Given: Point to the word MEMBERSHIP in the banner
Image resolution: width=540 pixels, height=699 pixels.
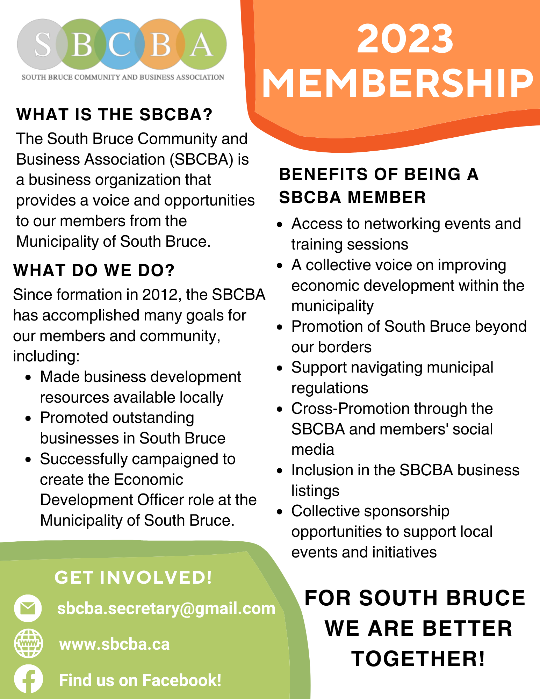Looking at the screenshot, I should [x=397, y=83].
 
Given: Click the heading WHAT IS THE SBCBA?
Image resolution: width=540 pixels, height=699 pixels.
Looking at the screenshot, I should [x=114, y=115].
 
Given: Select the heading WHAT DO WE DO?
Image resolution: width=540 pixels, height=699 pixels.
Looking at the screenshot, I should [x=94, y=270].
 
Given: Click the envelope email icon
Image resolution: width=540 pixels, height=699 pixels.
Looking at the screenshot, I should [x=28, y=608].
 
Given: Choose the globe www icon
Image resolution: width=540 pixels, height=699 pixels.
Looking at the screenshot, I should [x=28, y=643].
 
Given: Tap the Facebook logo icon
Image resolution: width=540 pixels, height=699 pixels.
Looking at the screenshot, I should [x=28, y=679].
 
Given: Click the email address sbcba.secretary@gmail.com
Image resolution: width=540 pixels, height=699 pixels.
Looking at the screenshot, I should [x=166, y=608].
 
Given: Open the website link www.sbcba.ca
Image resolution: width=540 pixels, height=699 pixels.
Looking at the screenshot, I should [x=114, y=644].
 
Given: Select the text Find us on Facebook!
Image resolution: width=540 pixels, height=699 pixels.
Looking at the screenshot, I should [x=140, y=680].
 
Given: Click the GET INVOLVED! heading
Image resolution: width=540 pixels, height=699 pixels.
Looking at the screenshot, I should [x=133, y=577].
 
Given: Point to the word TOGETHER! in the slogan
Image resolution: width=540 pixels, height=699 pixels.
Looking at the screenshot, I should [x=418, y=659].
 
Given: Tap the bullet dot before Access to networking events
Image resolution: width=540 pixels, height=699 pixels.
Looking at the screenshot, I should [x=279, y=224].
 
